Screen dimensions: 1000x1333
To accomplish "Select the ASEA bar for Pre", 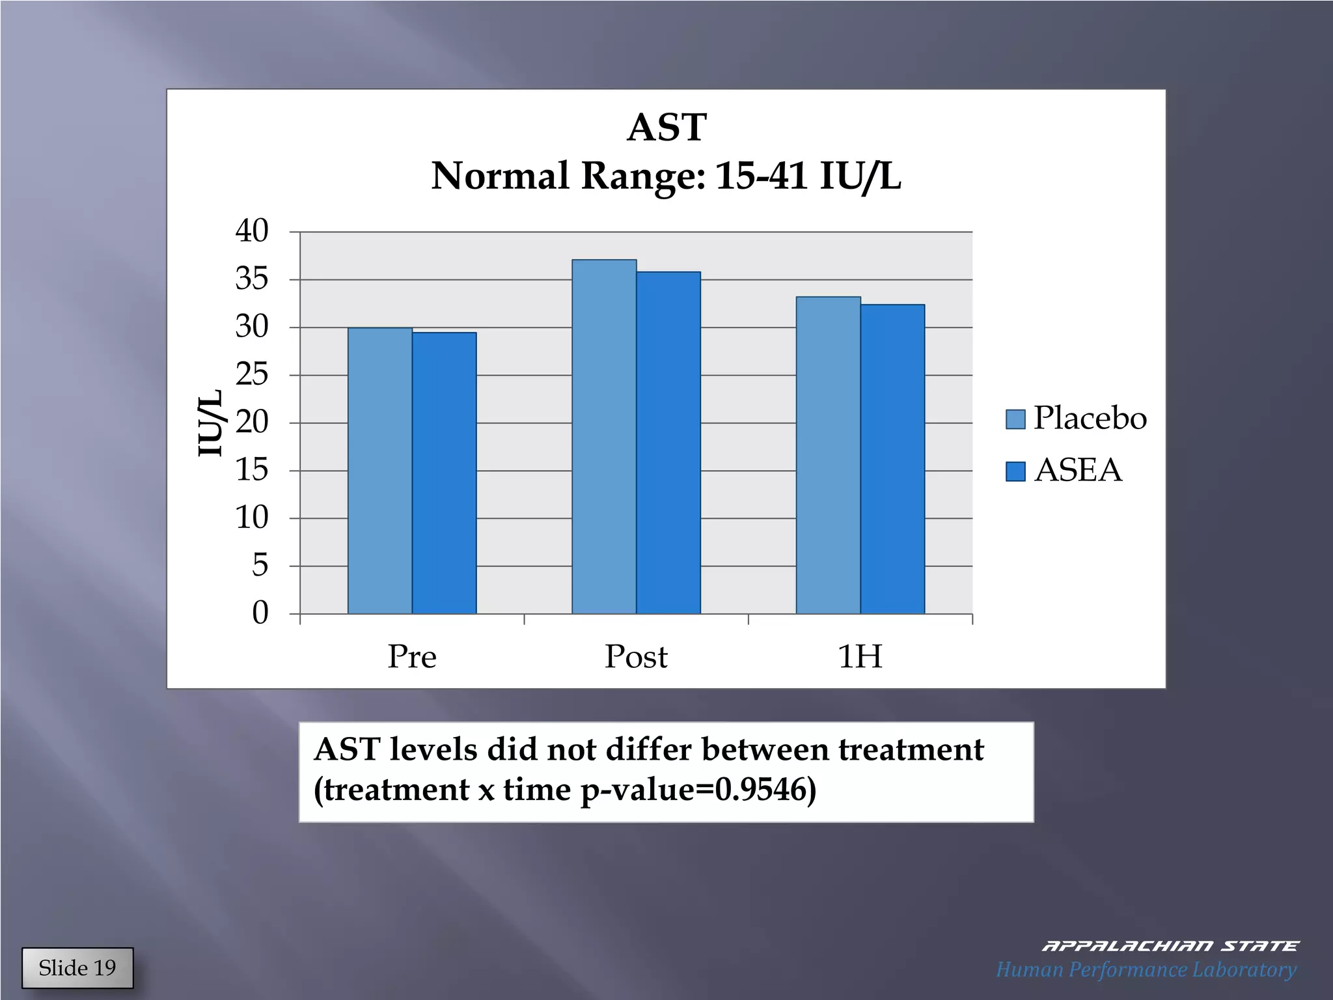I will pos(444,473).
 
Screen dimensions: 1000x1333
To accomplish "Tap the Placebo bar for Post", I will pos(604,436).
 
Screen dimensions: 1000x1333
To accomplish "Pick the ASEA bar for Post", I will pos(668,443).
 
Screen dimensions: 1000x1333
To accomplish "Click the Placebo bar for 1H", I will pos(828,455).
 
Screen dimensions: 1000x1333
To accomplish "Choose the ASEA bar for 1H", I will pos(892,459).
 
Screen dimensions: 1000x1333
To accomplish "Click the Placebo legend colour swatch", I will pos(1015,419).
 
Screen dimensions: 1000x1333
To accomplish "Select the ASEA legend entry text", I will pos(1078,470).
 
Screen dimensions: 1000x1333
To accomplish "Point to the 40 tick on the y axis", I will pos(252,231).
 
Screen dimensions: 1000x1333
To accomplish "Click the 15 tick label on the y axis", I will pos(252,470).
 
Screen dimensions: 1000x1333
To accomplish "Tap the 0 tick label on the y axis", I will pos(260,613).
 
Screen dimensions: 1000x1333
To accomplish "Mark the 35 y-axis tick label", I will pos(252,279).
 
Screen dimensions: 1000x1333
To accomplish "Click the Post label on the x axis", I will pos(636,656).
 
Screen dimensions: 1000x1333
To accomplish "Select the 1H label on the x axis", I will pos(860,656).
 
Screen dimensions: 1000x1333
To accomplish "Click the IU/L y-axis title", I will pos(210,423).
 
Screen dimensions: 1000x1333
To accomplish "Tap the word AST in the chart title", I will pos(666,127).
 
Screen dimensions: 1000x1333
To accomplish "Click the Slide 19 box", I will pos(77,968).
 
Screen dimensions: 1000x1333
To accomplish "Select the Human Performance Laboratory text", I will pos(1146,969).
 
